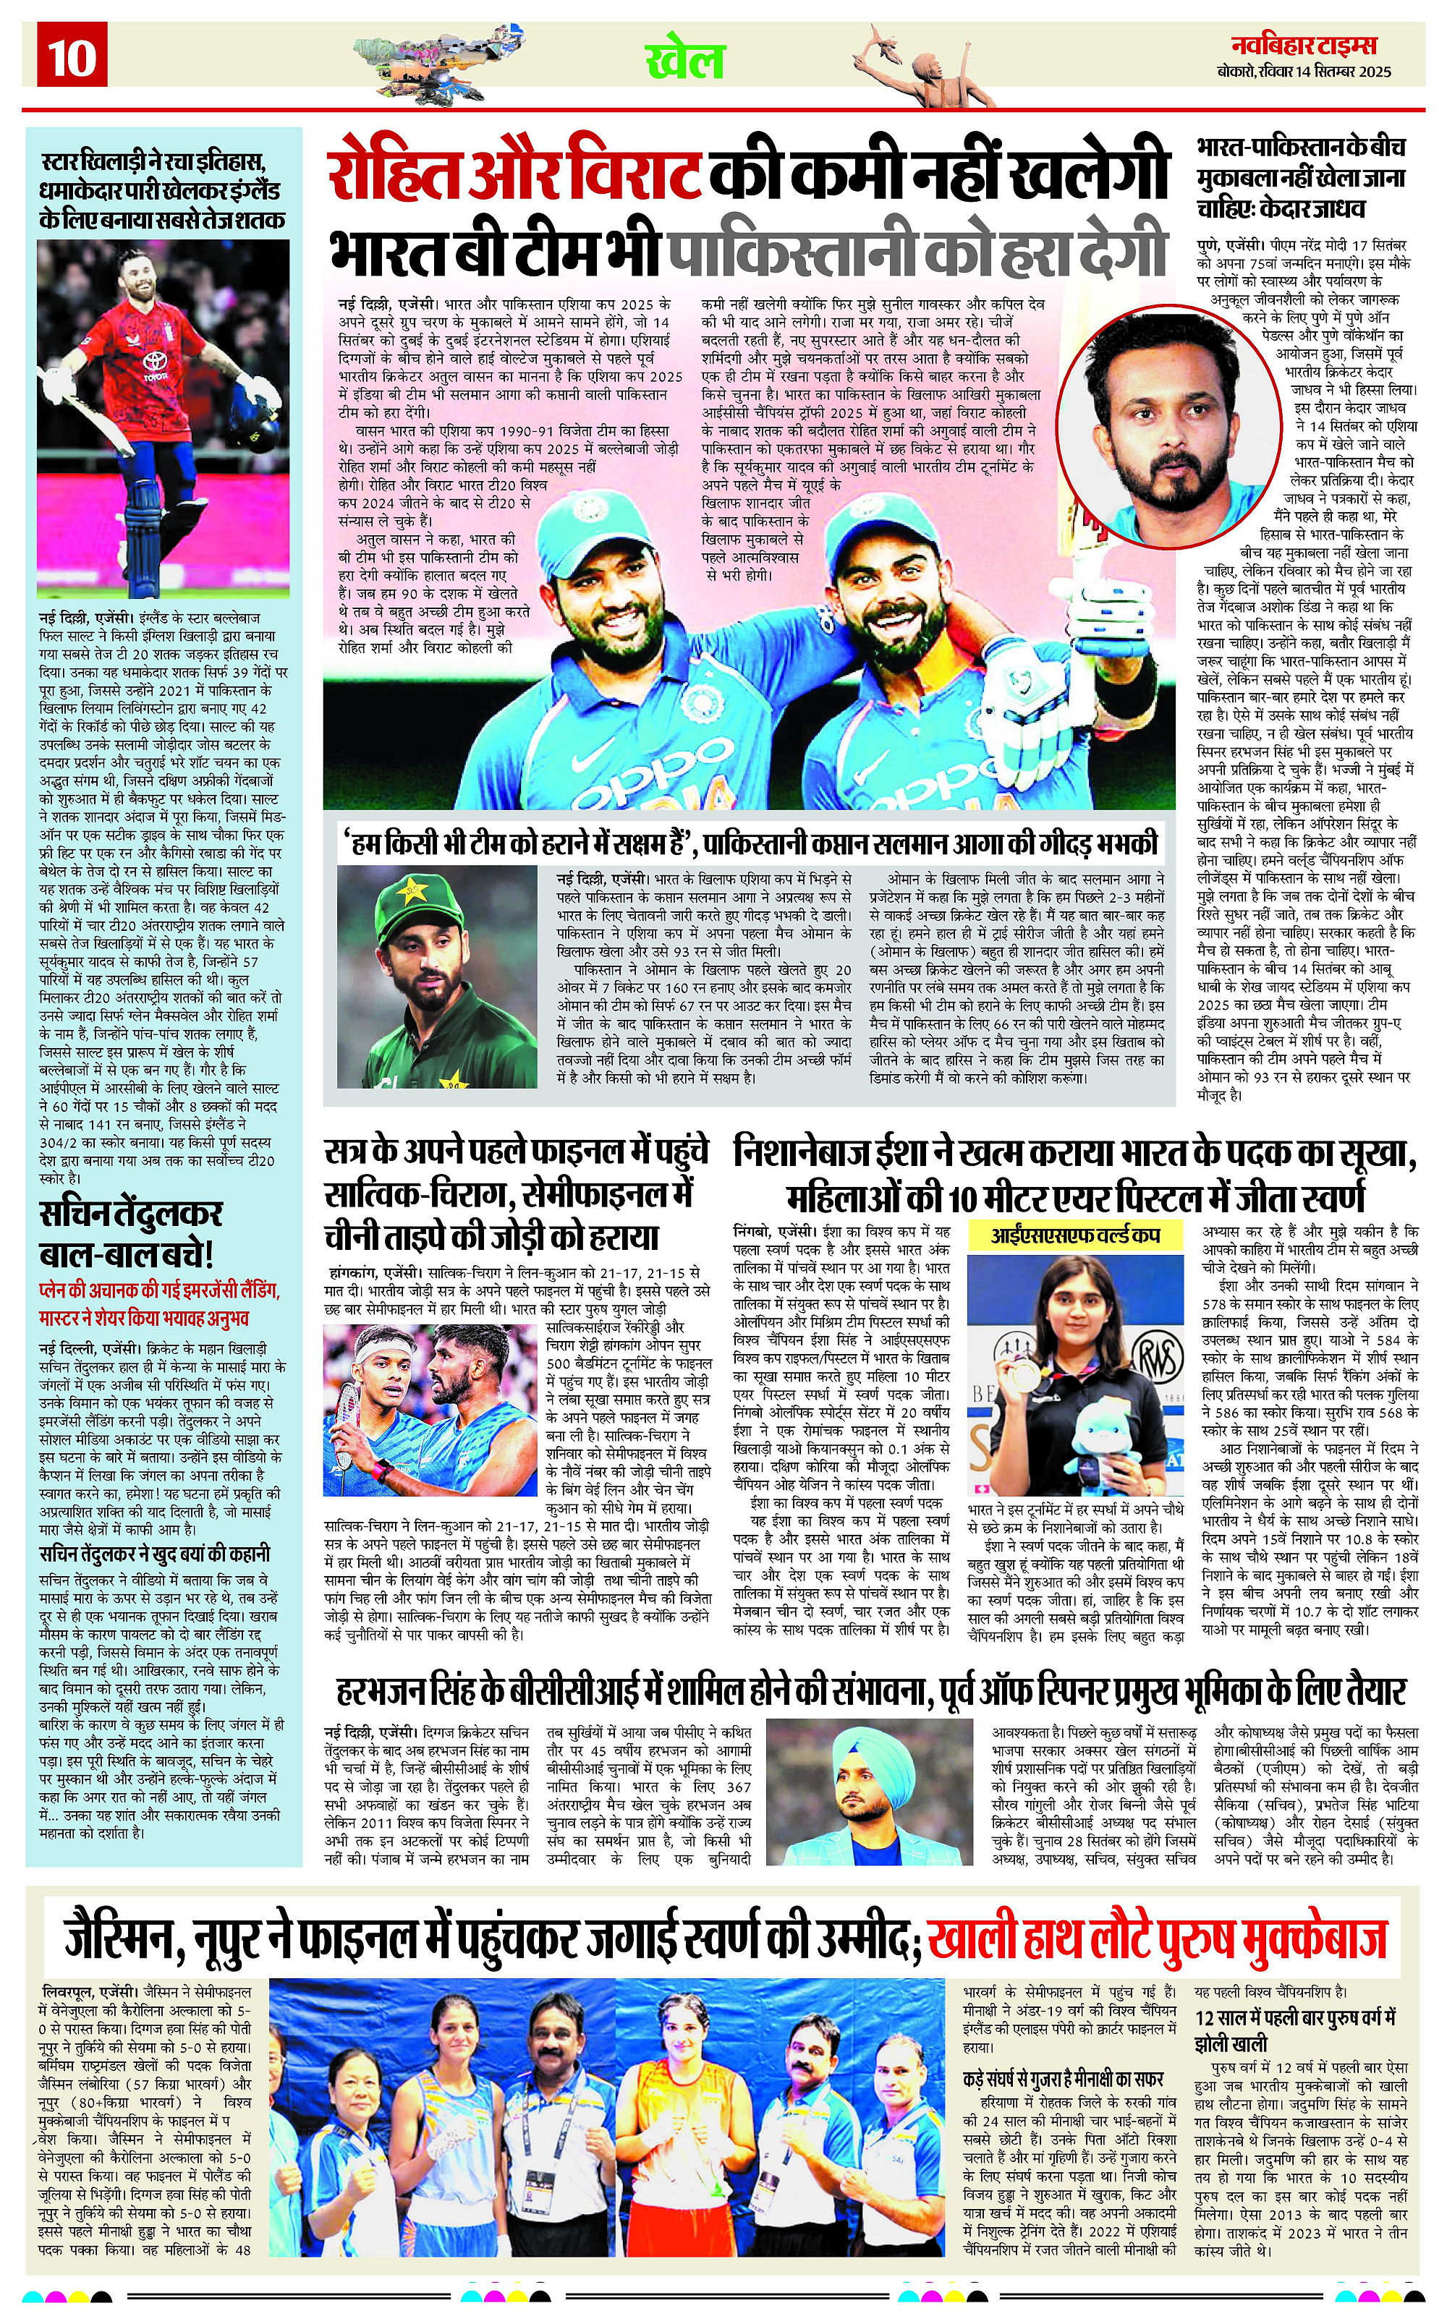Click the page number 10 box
[72, 56]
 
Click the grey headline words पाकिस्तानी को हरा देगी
[917, 252]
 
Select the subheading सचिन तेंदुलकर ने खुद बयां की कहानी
[154, 1554]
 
